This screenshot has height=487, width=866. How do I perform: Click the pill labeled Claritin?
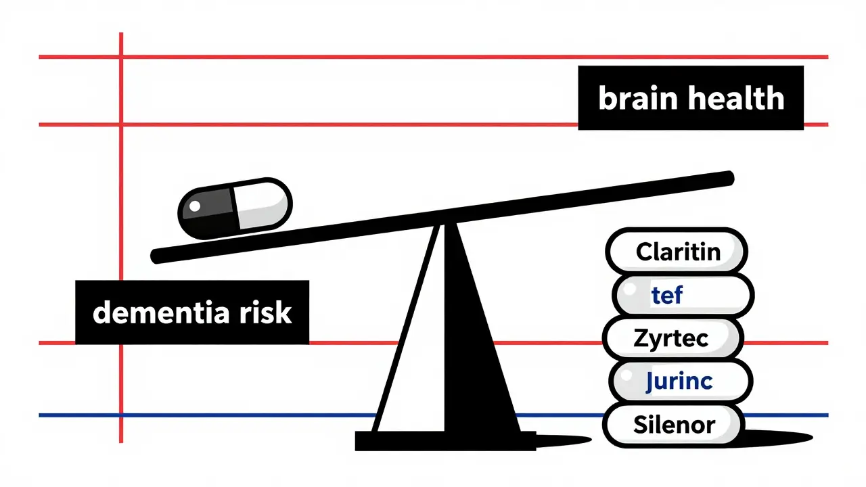(677, 252)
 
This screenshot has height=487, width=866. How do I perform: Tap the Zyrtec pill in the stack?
(671, 338)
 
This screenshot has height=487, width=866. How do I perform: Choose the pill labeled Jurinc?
(680, 381)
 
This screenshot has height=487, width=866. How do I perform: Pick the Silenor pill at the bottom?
(674, 424)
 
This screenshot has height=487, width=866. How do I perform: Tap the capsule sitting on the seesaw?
(235, 208)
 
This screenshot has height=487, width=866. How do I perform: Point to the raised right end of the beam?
(727, 177)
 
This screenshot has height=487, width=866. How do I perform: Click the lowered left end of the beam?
(157, 256)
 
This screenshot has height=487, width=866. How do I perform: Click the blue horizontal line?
(203, 415)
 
